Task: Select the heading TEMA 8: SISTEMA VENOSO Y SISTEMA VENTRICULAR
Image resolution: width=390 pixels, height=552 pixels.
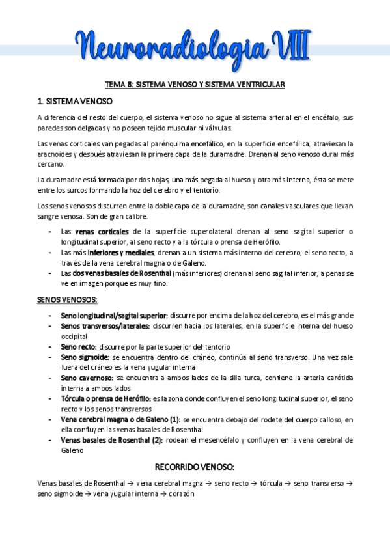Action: [195, 84]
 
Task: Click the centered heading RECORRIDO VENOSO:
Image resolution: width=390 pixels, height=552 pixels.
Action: [195, 467]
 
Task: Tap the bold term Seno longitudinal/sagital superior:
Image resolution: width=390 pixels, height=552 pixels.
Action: [115, 315]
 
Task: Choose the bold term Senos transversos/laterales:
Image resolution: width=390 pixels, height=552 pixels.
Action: [105, 325]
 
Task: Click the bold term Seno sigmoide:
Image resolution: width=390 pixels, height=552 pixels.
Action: [85, 357]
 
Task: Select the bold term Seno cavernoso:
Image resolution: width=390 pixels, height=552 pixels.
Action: [87, 378]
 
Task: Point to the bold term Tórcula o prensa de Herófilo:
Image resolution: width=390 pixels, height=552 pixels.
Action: [105, 398]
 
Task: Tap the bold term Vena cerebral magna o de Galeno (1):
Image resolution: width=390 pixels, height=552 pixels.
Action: [120, 419]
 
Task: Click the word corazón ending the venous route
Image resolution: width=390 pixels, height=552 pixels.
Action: [180, 494]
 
